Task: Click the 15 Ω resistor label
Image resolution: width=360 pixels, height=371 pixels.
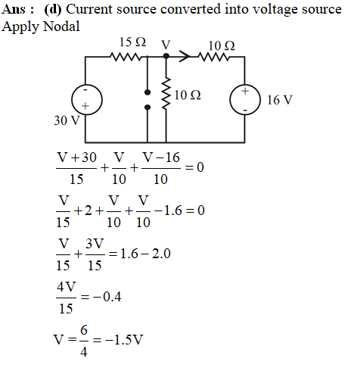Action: click(x=132, y=42)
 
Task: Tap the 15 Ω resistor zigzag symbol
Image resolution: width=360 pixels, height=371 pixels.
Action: click(x=126, y=57)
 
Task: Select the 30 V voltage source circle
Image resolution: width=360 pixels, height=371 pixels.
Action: click(x=87, y=100)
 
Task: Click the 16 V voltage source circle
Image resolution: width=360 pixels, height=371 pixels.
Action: click(x=245, y=99)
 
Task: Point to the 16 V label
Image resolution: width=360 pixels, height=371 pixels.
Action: click(x=280, y=100)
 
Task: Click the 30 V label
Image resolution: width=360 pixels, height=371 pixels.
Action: click(x=67, y=120)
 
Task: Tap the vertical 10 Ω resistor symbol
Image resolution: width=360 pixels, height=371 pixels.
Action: click(x=166, y=93)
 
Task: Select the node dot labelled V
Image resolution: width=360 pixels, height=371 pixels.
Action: click(x=166, y=56)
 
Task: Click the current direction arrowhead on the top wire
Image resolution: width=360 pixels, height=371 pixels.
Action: click(x=185, y=56)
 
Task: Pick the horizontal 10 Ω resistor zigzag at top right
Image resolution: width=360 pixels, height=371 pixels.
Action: click(x=214, y=57)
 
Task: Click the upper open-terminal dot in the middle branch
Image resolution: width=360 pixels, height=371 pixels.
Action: click(x=147, y=92)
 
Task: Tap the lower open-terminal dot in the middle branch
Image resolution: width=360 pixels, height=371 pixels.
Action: click(x=147, y=108)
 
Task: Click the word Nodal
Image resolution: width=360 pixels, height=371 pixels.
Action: click(x=61, y=26)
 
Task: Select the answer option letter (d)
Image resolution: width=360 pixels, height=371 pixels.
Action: click(x=53, y=10)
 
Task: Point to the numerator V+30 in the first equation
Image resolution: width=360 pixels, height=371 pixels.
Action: click(x=77, y=157)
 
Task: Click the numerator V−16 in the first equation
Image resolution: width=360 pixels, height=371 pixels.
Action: click(x=161, y=157)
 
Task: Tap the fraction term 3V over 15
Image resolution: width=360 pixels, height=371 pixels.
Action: click(x=95, y=254)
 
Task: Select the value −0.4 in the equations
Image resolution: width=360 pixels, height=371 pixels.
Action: click(x=107, y=297)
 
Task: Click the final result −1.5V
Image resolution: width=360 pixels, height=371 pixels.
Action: click(x=124, y=340)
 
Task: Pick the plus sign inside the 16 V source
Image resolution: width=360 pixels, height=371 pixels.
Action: click(x=245, y=91)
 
